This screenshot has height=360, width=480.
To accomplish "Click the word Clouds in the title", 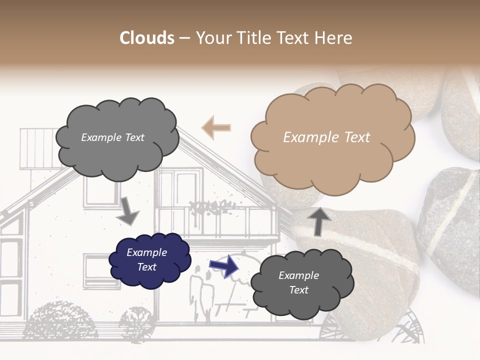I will [x=147, y=38].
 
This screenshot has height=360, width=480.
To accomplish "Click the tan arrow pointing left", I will [x=216, y=127].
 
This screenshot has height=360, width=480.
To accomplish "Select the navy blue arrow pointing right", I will [x=224, y=265].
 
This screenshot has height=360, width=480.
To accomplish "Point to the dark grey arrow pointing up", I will [x=319, y=220].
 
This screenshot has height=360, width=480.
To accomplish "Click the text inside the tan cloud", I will [x=326, y=137].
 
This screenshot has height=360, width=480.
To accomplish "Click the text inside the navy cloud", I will [x=146, y=259].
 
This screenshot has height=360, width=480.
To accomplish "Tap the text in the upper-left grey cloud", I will [x=112, y=137].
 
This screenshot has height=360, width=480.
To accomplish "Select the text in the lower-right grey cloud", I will [x=298, y=282].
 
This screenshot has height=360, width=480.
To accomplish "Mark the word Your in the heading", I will [x=212, y=38].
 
